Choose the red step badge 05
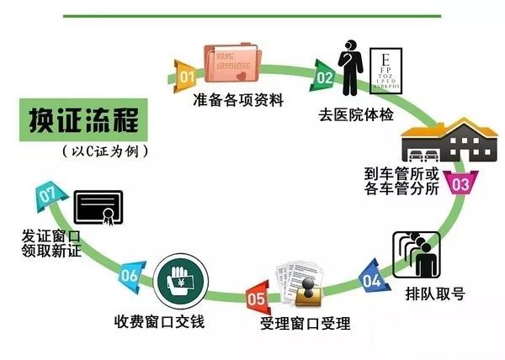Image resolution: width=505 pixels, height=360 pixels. tap(256, 296)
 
